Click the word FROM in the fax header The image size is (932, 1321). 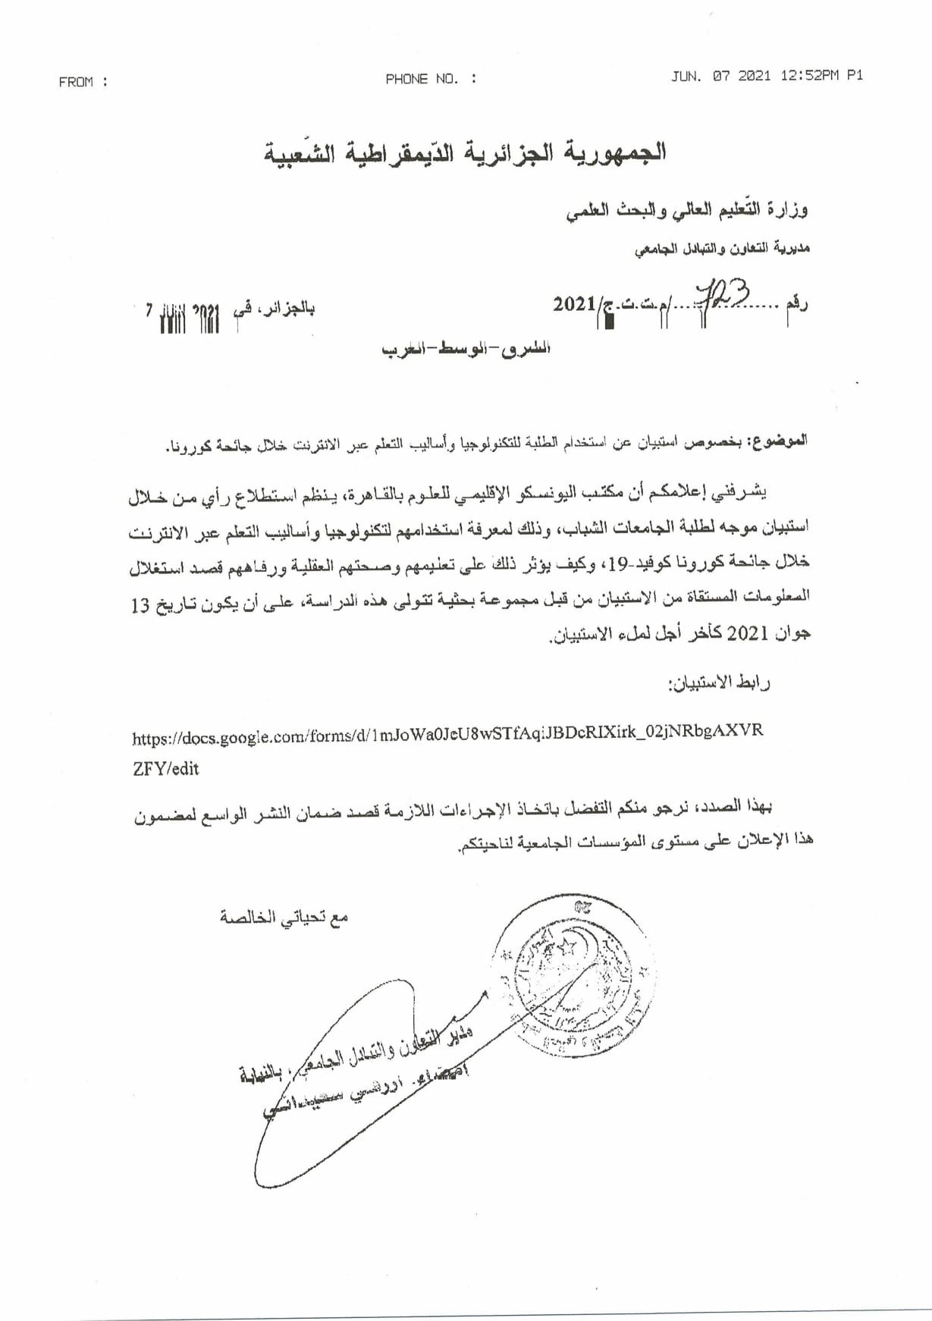pos(75,82)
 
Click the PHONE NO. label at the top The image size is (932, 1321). pos(422,79)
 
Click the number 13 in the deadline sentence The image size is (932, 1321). pos(139,607)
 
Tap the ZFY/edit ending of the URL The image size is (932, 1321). pos(165,768)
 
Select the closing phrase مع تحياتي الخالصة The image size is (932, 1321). pos(284,918)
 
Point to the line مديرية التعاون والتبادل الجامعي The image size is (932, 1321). pos(722,247)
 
